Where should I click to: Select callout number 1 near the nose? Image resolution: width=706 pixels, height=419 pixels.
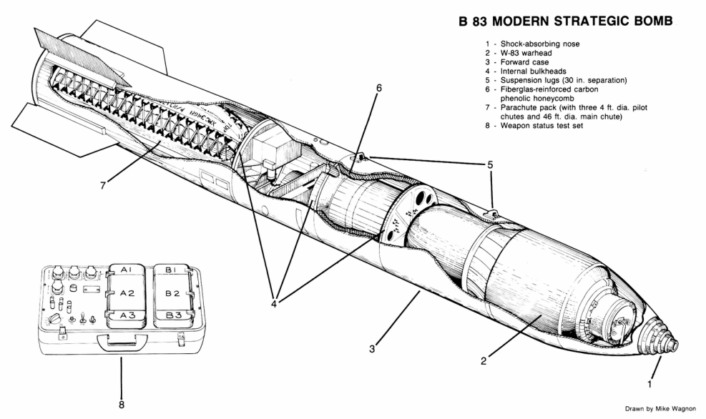pyautogui.click(x=649, y=383)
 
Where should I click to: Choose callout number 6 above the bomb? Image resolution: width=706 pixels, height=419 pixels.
pyautogui.click(x=379, y=89)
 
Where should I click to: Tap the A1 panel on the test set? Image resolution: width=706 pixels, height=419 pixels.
pyautogui.click(x=128, y=270)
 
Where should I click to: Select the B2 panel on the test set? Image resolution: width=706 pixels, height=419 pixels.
pyautogui.click(x=171, y=292)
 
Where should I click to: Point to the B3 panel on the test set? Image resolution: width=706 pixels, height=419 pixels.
pyautogui.click(x=171, y=315)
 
